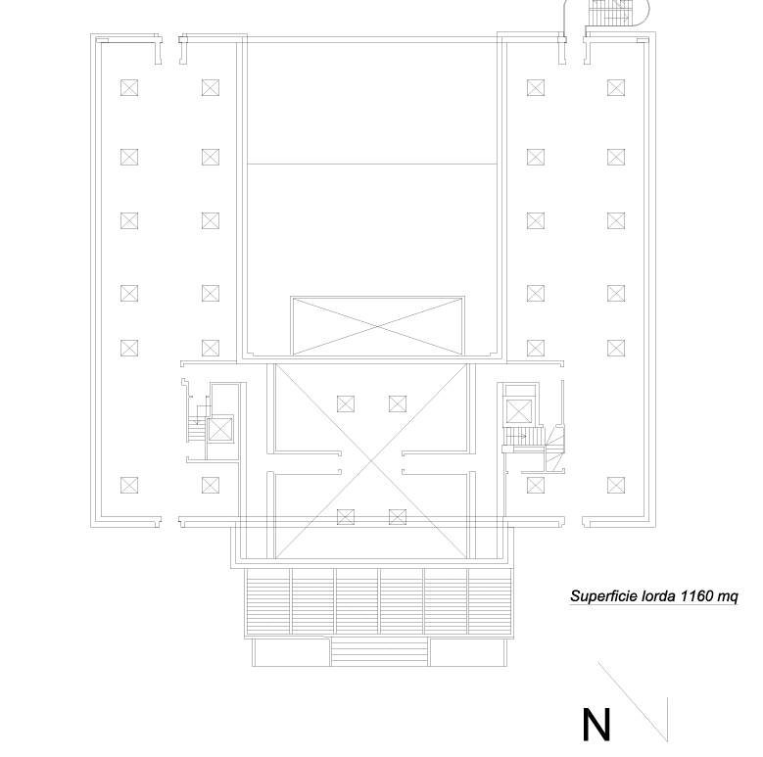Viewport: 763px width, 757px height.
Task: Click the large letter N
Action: pyautogui.click(x=596, y=725)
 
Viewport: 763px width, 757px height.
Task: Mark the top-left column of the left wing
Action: pyautogui.click(x=129, y=88)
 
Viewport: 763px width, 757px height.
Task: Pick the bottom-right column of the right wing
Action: pyautogui.click(x=616, y=485)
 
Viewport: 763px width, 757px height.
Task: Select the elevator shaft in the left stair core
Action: pyautogui.click(x=220, y=430)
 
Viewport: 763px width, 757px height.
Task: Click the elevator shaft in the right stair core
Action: pyautogui.click(x=520, y=411)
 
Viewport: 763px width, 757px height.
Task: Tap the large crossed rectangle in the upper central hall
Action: pyautogui.click(x=378, y=325)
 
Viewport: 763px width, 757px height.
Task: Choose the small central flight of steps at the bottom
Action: pyautogui.click(x=380, y=652)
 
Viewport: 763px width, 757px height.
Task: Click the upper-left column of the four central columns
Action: pyautogui.click(x=346, y=403)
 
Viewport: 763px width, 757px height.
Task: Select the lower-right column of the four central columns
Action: pyautogui.click(x=398, y=517)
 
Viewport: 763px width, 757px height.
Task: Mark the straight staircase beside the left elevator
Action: pyautogui.click(x=197, y=424)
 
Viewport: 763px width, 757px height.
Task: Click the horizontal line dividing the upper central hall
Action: pyautogui.click(x=372, y=164)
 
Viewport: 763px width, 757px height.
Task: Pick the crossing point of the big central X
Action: pyautogui.click(x=372, y=460)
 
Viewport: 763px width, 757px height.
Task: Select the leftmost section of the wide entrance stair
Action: pyautogui.click(x=269, y=601)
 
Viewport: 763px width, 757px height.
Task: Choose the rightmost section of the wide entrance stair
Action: pyautogui.click(x=490, y=601)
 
